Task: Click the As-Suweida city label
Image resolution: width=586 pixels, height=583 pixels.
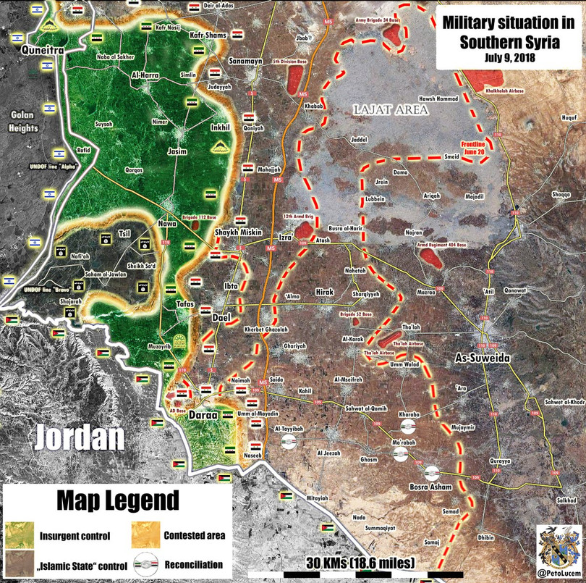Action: [483, 358]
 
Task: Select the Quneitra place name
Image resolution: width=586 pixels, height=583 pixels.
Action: [43, 51]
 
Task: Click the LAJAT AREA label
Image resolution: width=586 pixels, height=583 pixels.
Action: [390, 109]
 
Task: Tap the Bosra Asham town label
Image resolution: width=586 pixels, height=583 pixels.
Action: [430, 486]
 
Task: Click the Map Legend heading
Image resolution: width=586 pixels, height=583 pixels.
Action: [117, 500]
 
